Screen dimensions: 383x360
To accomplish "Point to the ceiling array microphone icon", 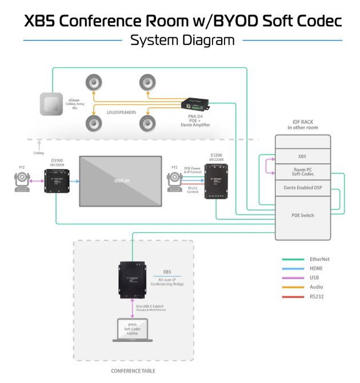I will [x=51, y=104].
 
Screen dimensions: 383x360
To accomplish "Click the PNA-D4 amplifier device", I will [x=195, y=104].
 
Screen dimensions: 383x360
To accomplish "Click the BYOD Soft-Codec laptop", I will [x=132, y=330].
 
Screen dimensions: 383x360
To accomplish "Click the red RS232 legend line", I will [x=293, y=297].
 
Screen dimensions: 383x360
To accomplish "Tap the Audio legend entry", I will [x=315, y=287].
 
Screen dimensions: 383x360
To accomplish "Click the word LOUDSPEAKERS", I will [x=121, y=112].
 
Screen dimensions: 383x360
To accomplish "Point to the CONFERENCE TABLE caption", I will [x=133, y=371].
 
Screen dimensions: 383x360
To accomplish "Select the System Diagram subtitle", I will [x=182, y=41].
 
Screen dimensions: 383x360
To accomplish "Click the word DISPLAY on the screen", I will [x=121, y=182].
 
